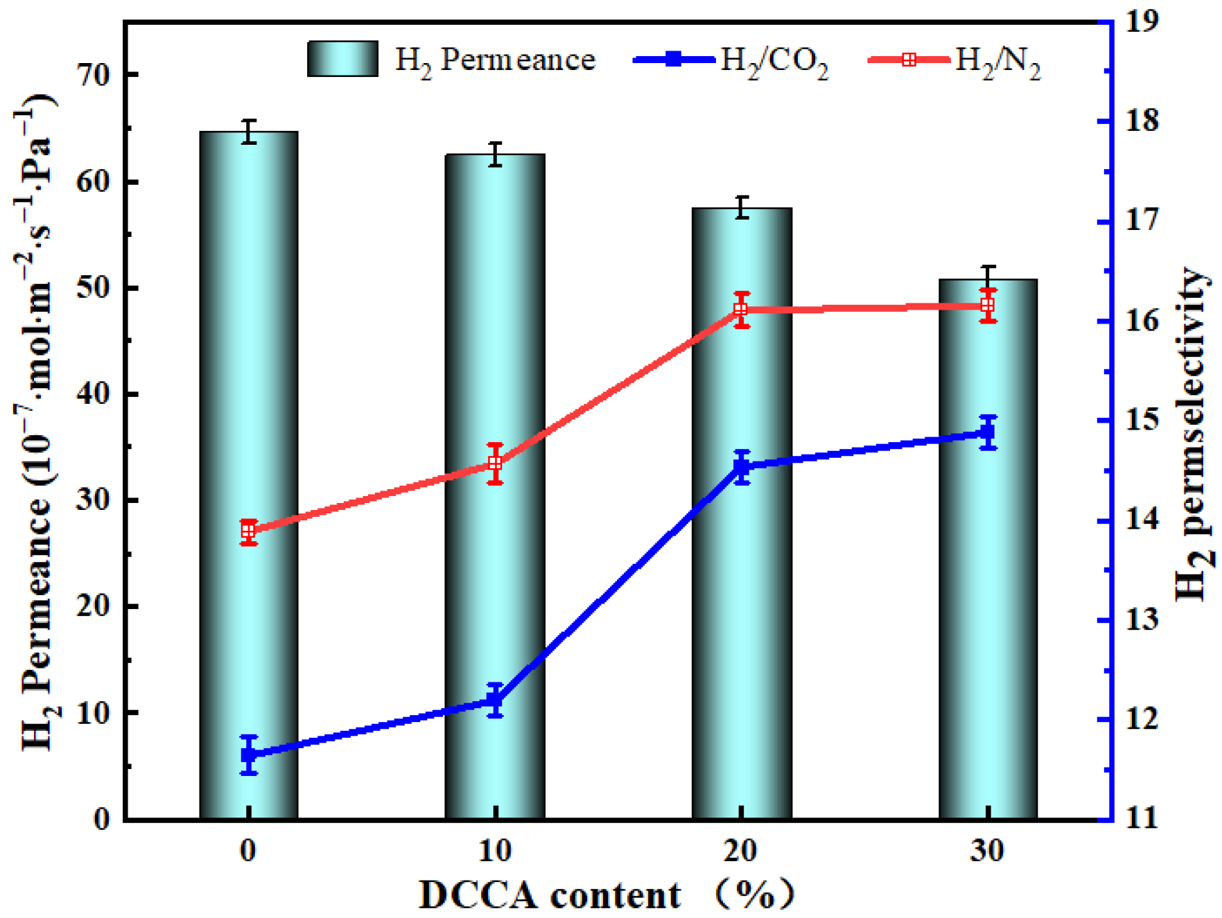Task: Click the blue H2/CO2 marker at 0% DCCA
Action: tap(250, 754)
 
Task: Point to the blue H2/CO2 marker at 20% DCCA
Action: tap(742, 467)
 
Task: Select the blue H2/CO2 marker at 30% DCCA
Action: tap(988, 433)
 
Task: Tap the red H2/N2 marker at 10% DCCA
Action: tap(495, 463)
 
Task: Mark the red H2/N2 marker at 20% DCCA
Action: tap(741, 309)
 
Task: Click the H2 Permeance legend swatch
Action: tap(342, 59)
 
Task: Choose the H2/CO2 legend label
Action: tap(774, 62)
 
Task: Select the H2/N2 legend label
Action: tap(997, 62)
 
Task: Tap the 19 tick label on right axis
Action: tap(1142, 21)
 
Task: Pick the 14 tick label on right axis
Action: tap(1142, 520)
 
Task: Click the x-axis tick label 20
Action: tap(741, 851)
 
